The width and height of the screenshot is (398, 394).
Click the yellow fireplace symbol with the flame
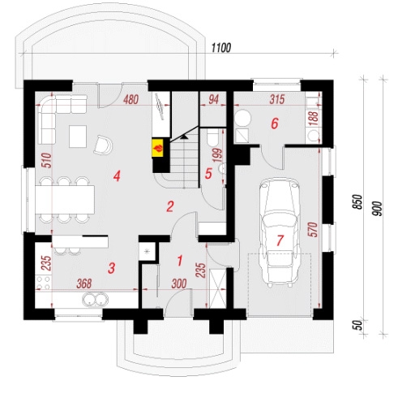pos(158,148)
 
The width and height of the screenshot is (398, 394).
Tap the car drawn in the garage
pos(280,232)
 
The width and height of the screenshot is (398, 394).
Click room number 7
pos(280,240)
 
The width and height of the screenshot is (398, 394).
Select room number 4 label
pos(117,176)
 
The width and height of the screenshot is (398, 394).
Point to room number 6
pos(274,123)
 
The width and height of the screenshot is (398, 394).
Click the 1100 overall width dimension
pos(221,48)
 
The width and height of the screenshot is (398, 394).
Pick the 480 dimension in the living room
pos(131,99)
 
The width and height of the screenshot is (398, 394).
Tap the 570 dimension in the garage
pos(314,230)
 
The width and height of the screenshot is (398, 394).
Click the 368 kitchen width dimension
pos(84,284)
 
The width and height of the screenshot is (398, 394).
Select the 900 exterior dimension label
pos(379,209)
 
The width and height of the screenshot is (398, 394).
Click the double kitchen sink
pos(95,300)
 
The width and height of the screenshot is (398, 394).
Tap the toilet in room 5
pos(212,136)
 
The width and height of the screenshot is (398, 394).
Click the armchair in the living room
pos(104,145)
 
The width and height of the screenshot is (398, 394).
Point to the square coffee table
pos(78,136)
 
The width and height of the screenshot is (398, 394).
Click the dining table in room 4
pos(65,200)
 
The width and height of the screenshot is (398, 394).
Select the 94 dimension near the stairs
pos(213,99)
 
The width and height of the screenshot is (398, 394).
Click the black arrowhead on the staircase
pos(184,136)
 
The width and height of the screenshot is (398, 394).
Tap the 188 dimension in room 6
pos(314,118)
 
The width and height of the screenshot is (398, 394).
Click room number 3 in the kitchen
pos(111,268)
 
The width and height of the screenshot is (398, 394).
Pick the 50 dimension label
pos(357,324)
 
